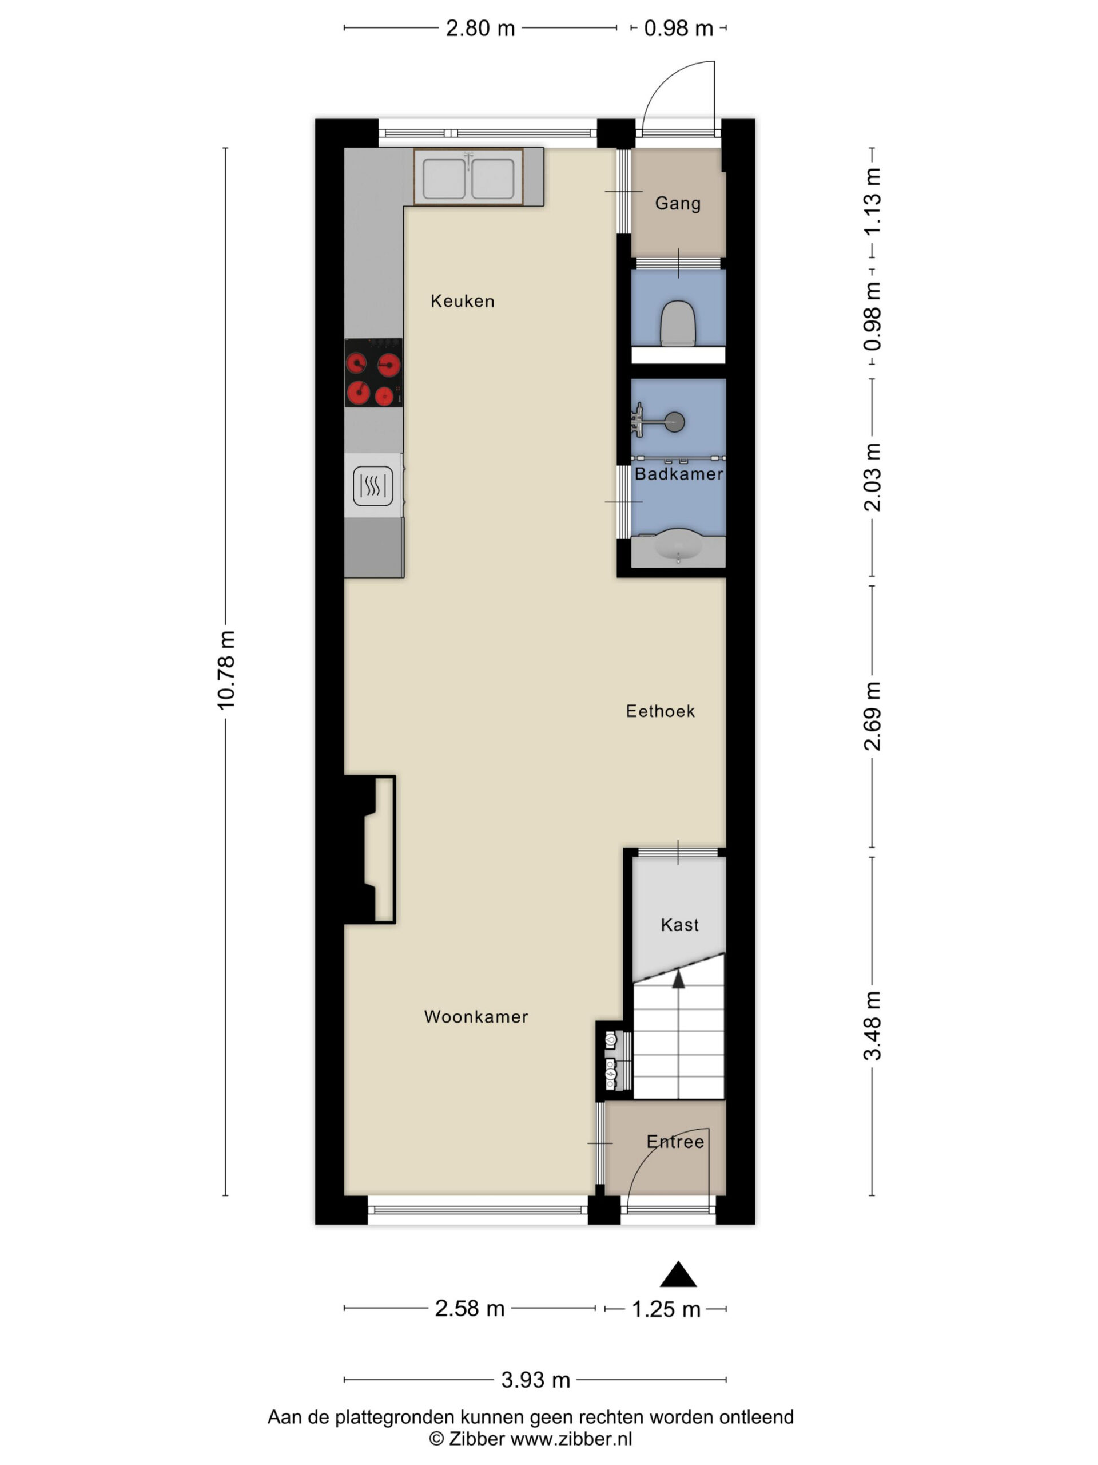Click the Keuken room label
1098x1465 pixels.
tap(462, 302)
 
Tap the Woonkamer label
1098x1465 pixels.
tap(476, 1016)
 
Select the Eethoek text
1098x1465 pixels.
tap(661, 711)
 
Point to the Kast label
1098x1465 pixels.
tap(679, 925)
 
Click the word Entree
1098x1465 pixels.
tap(675, 1142)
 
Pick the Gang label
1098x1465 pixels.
tap(678, 203)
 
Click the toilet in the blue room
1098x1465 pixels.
tap(678, 323)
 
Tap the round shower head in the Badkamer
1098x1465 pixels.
tap(674, 422)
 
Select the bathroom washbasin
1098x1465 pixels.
tap(678, 547)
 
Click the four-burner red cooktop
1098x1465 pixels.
tap(373, 373)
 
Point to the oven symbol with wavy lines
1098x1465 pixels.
tap(373, 486)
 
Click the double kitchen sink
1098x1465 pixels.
tap(468, 177)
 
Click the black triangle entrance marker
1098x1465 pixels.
tap(678, 1274)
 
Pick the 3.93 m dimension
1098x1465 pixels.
tap(535, 1380)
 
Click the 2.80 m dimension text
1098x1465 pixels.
tap(480, 29)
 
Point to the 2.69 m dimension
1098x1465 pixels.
tap(872, 716)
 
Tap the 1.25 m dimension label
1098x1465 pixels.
tap(666, 1309)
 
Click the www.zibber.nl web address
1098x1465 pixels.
tap(571, 1439)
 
